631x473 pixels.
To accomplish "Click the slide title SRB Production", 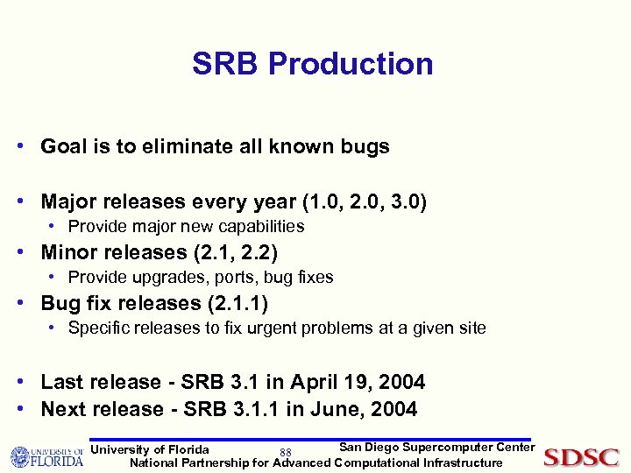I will [313, 64].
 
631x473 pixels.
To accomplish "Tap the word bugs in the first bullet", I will [365, 146].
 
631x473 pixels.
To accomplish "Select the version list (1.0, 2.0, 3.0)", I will [365, 202].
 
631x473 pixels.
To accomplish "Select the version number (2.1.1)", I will [237, 304].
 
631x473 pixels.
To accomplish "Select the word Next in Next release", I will [63, 409].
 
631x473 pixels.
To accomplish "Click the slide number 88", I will [285, 453].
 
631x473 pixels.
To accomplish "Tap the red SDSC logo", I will [581, 457].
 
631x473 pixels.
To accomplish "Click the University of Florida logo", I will [46, 457].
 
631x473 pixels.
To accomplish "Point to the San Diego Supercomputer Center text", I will [436, 447].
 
